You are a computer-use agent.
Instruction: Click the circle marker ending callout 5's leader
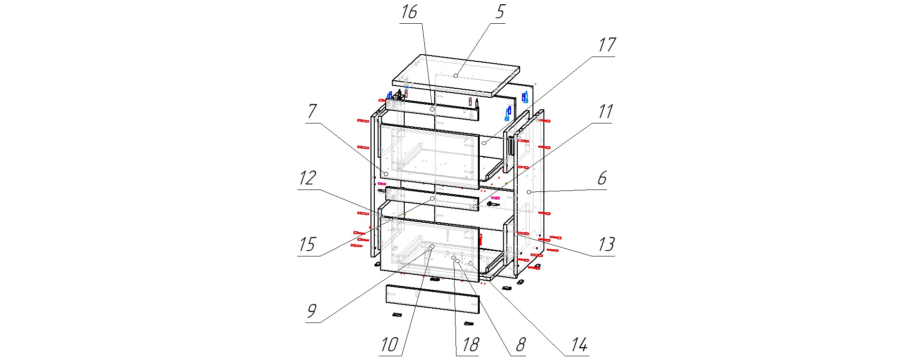pos(456,76)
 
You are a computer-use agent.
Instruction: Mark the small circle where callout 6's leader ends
pos(529,192)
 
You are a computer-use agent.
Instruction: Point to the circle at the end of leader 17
pos(484,143)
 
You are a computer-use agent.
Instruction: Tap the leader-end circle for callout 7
pos(386,175)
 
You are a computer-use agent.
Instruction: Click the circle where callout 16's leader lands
pos(432,109)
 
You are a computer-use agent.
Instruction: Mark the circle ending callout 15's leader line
pos(432,199)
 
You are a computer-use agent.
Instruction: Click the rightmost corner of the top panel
pos(520,68)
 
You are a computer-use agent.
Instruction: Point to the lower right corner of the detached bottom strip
pos(479,313)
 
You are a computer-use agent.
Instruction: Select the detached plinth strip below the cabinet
pos(433,299)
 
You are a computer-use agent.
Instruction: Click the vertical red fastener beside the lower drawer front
pos(480,239)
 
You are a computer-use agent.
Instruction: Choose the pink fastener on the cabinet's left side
pos(381,183)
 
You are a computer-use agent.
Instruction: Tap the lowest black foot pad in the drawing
pos(469,323)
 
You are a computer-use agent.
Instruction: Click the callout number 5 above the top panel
pos(500,12)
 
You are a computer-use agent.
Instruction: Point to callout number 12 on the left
pos(307,178)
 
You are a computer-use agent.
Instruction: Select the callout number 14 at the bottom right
pos(579,344)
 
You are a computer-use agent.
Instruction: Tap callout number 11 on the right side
pos(605,112)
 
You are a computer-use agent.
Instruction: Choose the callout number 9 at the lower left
pos(311,311)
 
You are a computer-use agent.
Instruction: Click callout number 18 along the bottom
pos(470,344)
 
